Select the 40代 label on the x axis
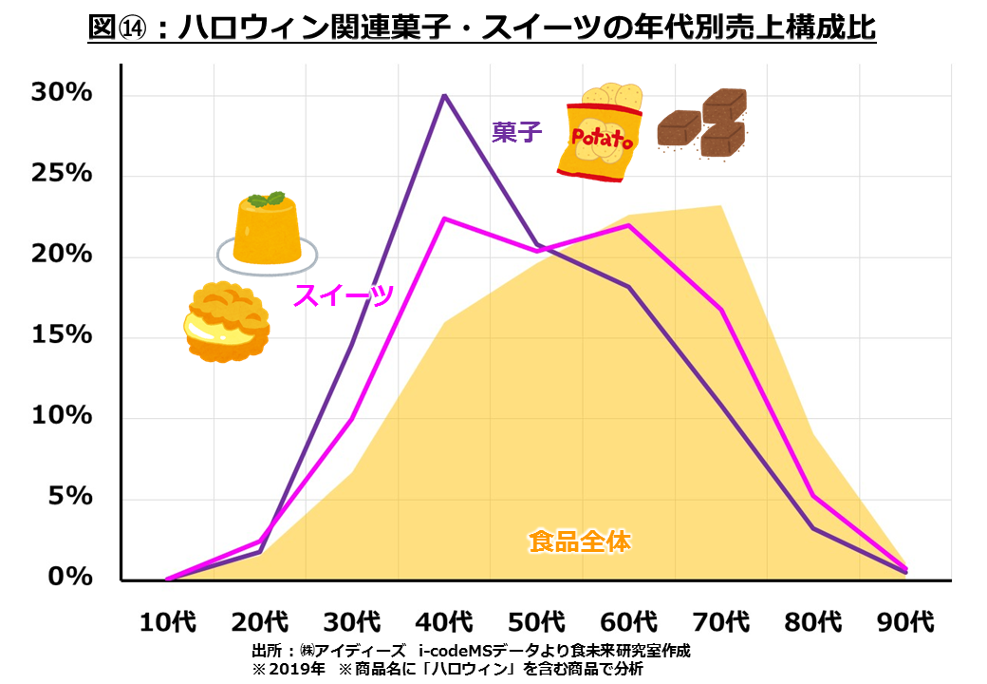pyautogui.click(x=443, y=622)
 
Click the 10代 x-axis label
pyautogui.click(x=168, y=622)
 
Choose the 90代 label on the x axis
pyautogui.click(x=906, y=622)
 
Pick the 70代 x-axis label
pyautogui.click(x=720, y=622)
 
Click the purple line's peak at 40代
pyautogui.click(x=444, y=95)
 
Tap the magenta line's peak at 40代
pyautogui.click(x=444, y=218)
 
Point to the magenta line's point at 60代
pyautogui.click(x=629, y=225)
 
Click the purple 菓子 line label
pyautogui.click(x=517, y=132)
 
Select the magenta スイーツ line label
pyautogui.click(x=344, y=296)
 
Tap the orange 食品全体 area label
pyautogui.click(x=580, y=542)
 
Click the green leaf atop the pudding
pyautogui.click(x=265, y=199)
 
